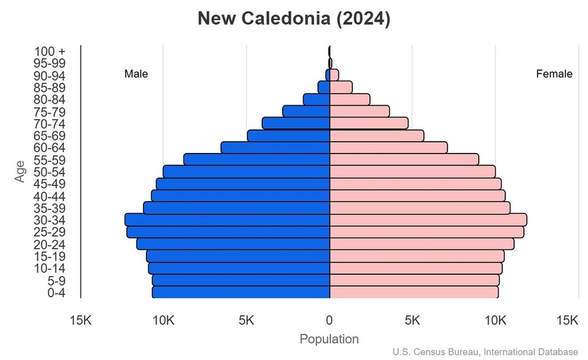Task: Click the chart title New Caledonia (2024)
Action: [x=294, y=19]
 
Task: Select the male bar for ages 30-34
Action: [x=227, y=220]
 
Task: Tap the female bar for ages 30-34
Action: [x=428, y=220]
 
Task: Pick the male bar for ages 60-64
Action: [x=275, y=148]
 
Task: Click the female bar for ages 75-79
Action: [x=359, y=112]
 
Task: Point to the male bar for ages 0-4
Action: [x=241, y=292]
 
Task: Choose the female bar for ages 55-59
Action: [x=404, y=160]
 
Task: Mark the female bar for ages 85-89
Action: [x=341, y=88]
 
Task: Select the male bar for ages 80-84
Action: [x=317, y=100]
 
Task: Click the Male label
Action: [x=136, y=74]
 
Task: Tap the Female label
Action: [x=554, y=74]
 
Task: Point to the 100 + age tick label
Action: [x=49, y=52]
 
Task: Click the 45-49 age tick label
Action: [x=49, y=184]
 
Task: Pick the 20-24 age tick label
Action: [x=49, y=244]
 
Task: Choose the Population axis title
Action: [x=329, y=339]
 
